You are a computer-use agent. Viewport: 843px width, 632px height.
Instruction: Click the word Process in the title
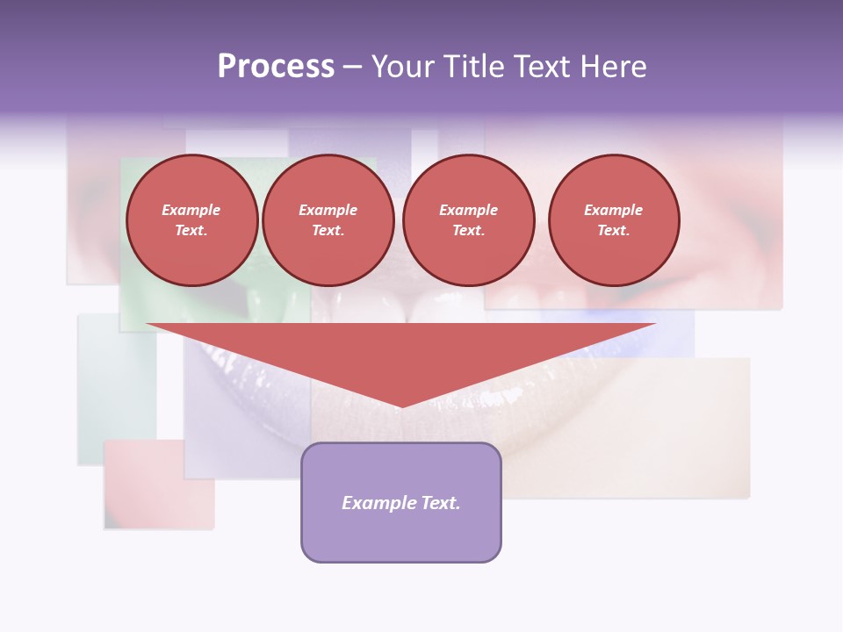(276, 67)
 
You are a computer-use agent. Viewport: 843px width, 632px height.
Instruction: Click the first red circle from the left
(191, 220)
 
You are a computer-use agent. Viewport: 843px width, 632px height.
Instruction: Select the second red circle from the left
(328, 220)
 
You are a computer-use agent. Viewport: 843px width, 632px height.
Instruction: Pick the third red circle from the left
(468, 220)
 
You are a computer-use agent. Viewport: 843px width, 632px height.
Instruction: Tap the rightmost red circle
(614, 220)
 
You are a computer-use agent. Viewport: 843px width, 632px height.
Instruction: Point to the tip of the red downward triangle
(401, 406)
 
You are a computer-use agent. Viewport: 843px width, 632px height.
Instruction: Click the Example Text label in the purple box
(401, 503)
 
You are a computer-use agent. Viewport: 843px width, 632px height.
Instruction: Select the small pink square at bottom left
(159, 485)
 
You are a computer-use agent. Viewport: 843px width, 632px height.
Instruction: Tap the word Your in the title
(400, 67)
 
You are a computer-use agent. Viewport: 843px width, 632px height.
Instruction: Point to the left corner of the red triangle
(148, 325)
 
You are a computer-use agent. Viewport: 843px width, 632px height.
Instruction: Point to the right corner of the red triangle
(654, 325)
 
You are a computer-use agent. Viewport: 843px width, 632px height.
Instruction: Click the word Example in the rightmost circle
(614, 210)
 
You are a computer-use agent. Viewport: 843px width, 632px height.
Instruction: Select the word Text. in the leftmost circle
(191, 231)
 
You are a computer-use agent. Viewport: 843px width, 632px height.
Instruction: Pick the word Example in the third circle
(468, 210)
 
